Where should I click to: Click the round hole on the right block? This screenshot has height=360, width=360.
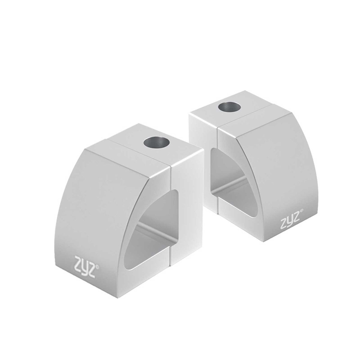[229, 107]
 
